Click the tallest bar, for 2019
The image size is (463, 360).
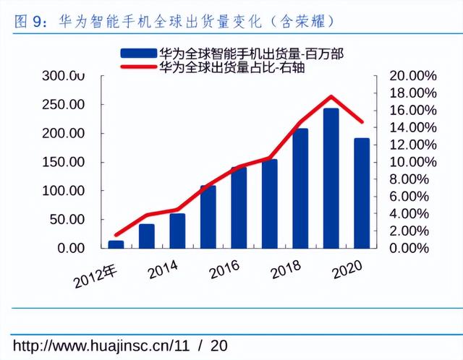(x=331, y=178)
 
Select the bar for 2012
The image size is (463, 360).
(x=116, y=244)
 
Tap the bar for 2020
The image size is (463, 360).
(x=361, y=193)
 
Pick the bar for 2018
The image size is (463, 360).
(x=300, y=188)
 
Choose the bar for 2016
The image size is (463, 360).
(x=239, y=207)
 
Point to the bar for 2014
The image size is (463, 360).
(x=177, y=231)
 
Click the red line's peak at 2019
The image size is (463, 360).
(x=331, y=96)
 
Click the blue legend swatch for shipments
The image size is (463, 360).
(x=137, y=52)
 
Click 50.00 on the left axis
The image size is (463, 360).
(x=69, y=219)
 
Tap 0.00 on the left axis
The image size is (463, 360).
(x=73, y=248)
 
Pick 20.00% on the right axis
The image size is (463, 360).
(x=413, y=76)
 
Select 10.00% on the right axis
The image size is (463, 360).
(x=413, y=162)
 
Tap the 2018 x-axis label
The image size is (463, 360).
(x=286, y=272)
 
